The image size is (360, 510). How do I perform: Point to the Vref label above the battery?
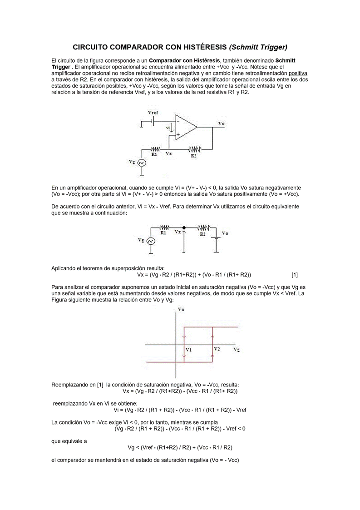coord(153,112)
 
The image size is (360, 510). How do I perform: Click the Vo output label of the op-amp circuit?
coord(221,123)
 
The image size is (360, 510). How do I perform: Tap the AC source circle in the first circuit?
coord(142,163)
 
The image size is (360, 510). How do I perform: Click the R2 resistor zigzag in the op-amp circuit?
coord(195,148)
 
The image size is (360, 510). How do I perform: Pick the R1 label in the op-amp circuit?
coord(154,154)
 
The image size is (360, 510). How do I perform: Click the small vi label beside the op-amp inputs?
coord(168,128)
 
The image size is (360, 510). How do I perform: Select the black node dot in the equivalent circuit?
coord(184,228)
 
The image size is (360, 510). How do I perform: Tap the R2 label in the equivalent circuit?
coord(202,234)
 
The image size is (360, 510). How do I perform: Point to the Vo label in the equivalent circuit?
coord(225,233)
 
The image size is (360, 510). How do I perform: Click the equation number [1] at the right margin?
coord(295,275)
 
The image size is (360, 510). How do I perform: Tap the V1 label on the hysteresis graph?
coord(189,350)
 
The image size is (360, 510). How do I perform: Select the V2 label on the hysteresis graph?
coord(217,349)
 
